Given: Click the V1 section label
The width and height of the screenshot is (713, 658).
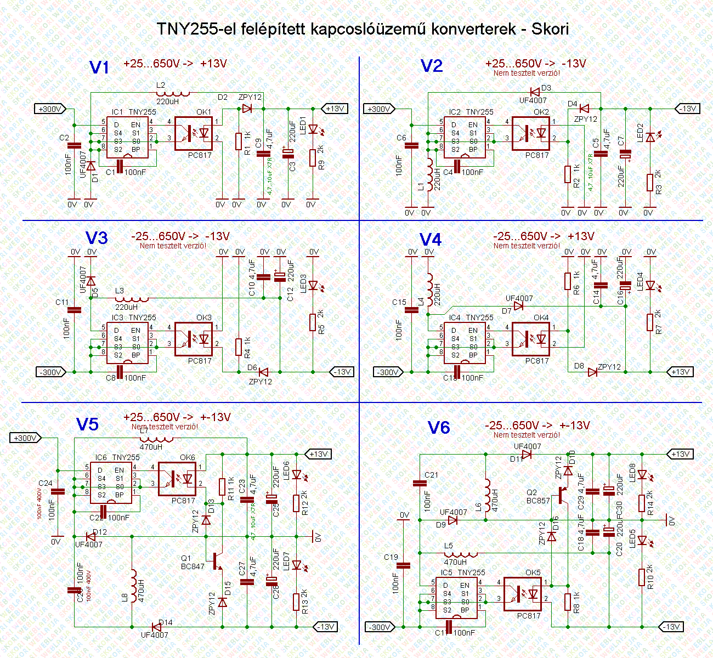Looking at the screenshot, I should point(99,67).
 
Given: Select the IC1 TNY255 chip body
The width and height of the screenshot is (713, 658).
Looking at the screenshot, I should point(127,137).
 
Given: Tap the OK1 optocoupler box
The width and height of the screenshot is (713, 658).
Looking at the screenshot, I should point(193,133).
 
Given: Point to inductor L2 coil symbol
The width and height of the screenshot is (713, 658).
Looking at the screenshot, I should point(173,93).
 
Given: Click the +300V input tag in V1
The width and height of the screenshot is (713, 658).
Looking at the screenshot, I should point(50,109).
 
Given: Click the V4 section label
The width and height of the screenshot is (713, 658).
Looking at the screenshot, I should point(431,240).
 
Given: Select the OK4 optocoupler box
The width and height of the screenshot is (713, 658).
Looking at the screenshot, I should point(530,339).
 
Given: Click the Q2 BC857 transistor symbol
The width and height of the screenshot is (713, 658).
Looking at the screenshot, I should point(562,495).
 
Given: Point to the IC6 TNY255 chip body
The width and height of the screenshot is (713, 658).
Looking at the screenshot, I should point(110,483).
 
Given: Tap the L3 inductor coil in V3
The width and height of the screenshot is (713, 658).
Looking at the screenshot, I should point(132,299).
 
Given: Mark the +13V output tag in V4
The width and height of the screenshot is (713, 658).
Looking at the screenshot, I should point(680,372).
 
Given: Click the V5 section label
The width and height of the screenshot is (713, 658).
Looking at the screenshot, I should point(87,424).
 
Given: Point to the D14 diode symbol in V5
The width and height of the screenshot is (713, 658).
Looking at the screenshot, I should point(157,627).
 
